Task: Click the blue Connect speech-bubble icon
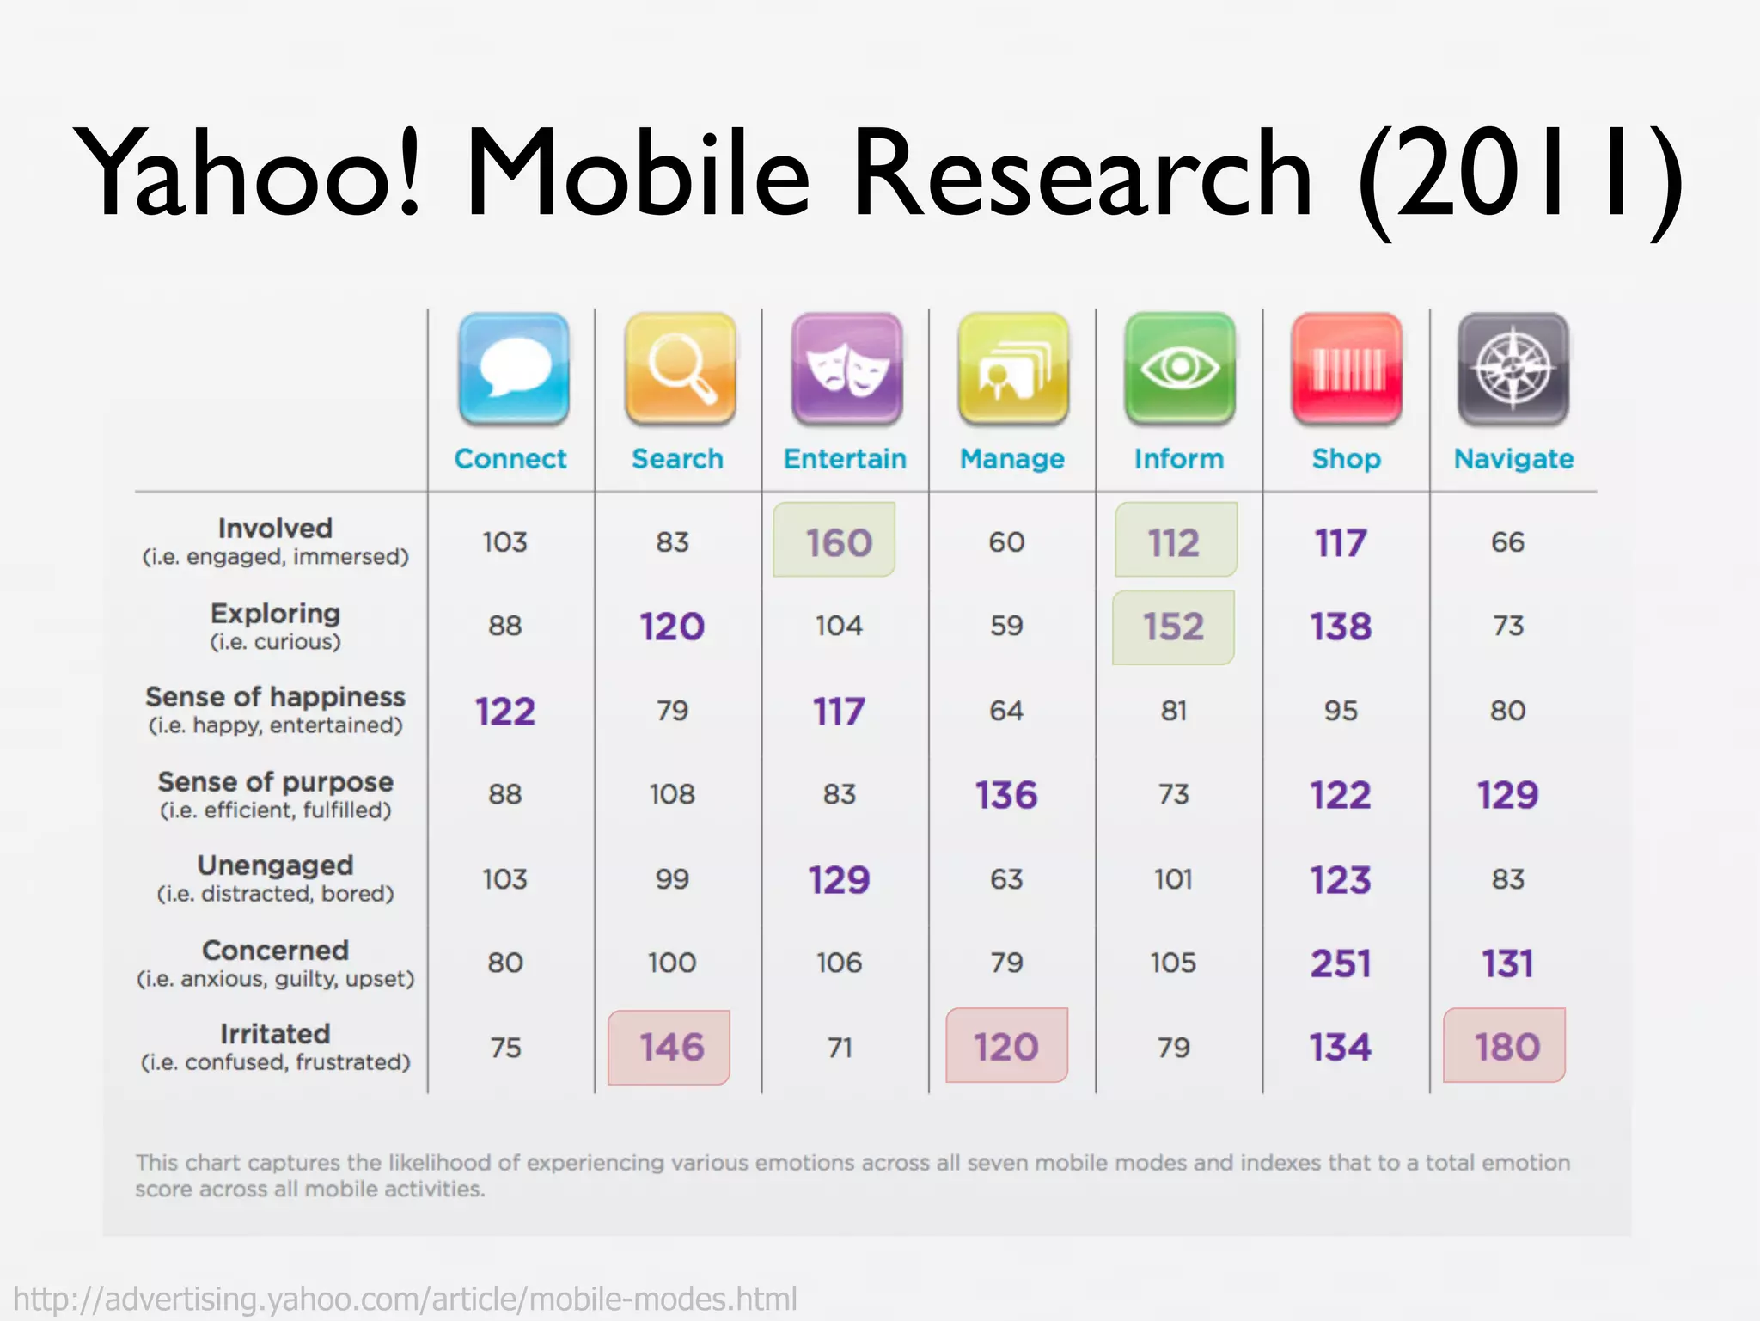(513, 370)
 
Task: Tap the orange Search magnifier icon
(680, 370)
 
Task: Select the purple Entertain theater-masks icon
(846, 370)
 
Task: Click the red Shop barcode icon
(1346, 370)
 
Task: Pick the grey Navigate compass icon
(1512, 370)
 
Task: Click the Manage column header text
(1011, 459)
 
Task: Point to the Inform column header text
(1178, 459)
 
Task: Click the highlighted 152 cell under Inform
(1173, 627)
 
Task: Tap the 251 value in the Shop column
(1340, 963)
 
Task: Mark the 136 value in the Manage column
(1006, 795)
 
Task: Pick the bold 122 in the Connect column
(505, 712)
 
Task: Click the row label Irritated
(275, 1033)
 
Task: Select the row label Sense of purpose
(275, 782)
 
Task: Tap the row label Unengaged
(275, 865)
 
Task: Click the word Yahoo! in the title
(249, 172)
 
